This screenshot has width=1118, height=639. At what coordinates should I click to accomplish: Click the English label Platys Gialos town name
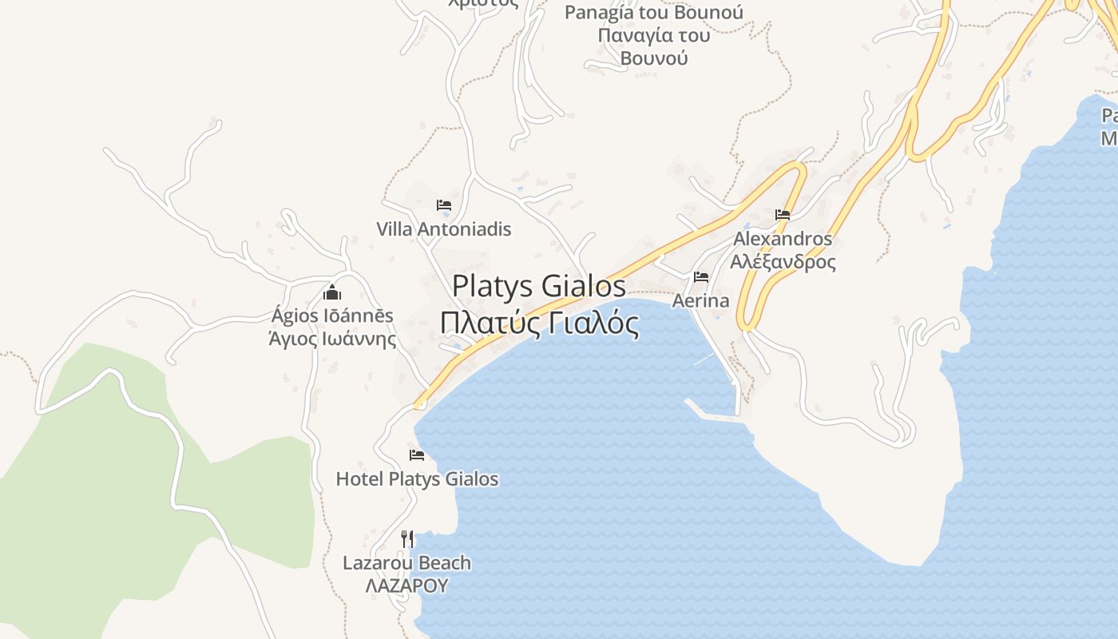pyautogui.click(x=539, y=286)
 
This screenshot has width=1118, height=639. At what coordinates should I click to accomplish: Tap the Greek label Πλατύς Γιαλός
pyautogui.click(x=539, y=324)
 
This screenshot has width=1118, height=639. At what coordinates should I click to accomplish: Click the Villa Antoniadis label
pyautogui.click(x=443, y=229)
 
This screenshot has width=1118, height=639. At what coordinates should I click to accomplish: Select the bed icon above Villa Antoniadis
pyautogui.click(x=444, y=205)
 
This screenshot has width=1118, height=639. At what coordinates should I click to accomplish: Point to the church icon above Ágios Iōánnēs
pyautogui.click(x=332, y=292)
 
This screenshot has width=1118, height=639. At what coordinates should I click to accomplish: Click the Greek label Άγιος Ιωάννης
pyautogui.click(x=332, y=339)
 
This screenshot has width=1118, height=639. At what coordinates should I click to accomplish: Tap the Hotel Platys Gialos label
pyautogui.click(x=417, y=479)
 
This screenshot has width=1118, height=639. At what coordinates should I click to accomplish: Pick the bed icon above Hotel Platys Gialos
pyautogui.click(x=417, y=455)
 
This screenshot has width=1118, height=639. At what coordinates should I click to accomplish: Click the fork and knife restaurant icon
pyautogui.click(x=407, y=538)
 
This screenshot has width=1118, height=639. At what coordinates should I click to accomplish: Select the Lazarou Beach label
pyautogui.click(x=406, y=563)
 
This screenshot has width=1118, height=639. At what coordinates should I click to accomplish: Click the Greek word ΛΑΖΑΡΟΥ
pyautogui.click(x=406, y=585)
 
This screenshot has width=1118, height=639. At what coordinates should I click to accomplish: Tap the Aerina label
pyautogui.click(x=700, y=301)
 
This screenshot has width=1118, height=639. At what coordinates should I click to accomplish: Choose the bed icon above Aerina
pyautogui.click(x=701, y=277)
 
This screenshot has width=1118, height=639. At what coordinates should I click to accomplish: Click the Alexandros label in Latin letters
pyautogui.click(x=783, y=239)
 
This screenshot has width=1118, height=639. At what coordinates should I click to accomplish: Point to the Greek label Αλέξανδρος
pyautogui.click(x=783, y=261)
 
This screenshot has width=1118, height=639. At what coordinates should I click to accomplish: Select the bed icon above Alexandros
pyautogui.click(x=783, y=215)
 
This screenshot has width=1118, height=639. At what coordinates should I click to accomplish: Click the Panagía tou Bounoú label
pyautogui.click(x=653, y=13)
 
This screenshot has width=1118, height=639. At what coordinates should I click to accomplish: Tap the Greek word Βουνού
pyautogui.click(x=653, y=58)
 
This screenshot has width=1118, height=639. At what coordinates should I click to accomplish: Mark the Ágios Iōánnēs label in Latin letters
pyautogui.click(x=332, y=316)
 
